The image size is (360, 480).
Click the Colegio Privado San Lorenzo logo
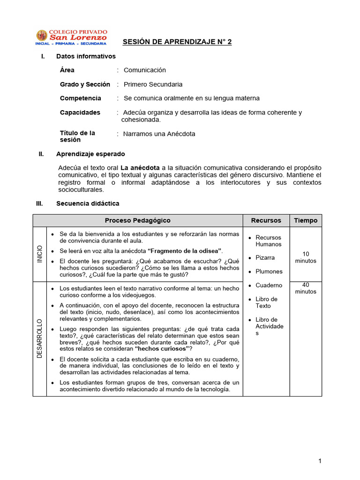(71, 37)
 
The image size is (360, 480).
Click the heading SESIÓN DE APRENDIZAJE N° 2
(177, 42)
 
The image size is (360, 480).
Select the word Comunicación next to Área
(145, 70)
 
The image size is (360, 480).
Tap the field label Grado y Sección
(85, 84)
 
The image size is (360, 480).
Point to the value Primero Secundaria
(153, 84)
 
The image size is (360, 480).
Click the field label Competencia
(80, 98)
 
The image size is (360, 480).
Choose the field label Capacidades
(80, 112)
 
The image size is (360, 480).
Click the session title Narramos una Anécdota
(159, 134)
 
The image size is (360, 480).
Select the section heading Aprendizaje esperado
(90, 154)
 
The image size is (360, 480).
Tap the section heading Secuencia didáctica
(88, 203)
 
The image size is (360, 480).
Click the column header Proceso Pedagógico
(137, 220)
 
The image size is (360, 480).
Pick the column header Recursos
(266, 220)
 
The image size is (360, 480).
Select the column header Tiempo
(306, 220)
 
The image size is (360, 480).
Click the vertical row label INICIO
(39, 254)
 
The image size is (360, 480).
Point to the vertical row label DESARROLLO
(39, 338)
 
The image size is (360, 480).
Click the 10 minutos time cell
(306, 257)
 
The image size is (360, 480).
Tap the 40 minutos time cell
(306, 288)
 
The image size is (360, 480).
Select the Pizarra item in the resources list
(265, 258)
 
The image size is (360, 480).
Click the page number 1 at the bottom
(320, 461)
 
